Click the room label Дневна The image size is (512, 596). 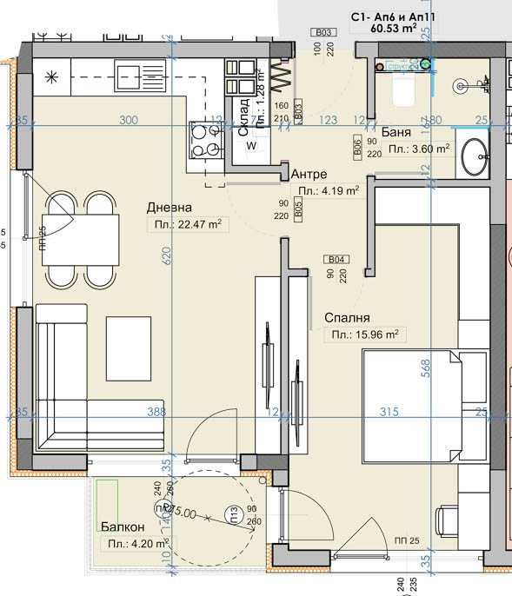169,207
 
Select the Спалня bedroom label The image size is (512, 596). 347,319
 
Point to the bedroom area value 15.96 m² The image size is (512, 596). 364,334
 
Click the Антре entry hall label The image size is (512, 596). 309,174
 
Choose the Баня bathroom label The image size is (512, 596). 396,133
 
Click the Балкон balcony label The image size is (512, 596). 117,526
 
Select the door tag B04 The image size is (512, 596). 336,259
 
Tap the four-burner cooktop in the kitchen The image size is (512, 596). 206,141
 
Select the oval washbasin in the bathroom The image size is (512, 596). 474,156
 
